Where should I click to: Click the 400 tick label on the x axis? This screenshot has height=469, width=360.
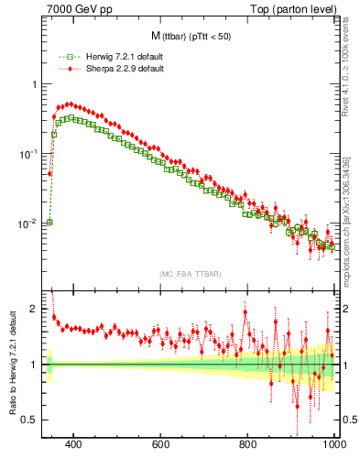(x=74, y=443)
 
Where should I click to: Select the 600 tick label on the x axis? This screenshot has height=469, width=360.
(x=161, y=443)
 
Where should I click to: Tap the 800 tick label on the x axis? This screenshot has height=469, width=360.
(x=248, y=443)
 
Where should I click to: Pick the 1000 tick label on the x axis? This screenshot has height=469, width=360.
(x=333, y=443)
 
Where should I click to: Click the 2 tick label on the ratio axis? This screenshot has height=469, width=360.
(x=32, y=309)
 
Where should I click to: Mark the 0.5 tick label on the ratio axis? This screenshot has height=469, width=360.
(x=27, y=420)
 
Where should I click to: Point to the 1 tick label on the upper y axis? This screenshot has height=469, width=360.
(x=32, y=84)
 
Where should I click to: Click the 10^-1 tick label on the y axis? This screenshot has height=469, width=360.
(x=27, y=153)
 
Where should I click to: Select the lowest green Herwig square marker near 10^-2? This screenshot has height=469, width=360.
(x=49, y=222)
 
